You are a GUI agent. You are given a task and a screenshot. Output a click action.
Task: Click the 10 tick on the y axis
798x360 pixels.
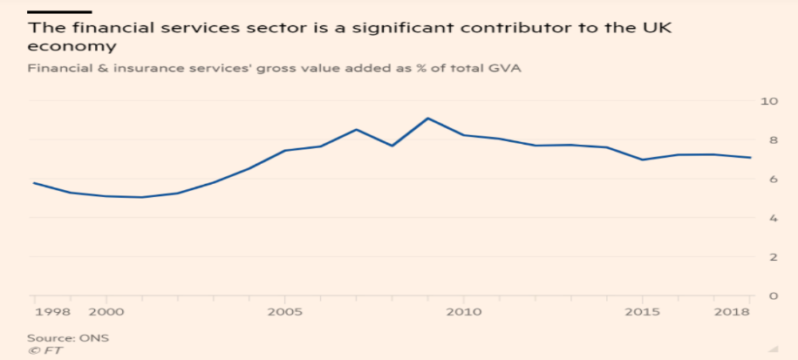[769, 101]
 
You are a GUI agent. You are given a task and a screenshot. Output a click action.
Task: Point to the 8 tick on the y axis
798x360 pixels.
[772, 140]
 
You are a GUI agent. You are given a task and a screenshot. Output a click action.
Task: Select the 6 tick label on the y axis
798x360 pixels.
[772, 180]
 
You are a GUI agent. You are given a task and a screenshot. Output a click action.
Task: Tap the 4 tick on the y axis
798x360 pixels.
[772, 219]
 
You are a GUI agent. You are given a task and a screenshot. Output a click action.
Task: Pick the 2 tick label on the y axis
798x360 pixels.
[772, 257]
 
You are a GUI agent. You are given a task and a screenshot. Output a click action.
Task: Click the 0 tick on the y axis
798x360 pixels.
[772, 296]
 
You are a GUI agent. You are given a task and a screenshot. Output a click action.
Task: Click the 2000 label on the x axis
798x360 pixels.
[105, 311]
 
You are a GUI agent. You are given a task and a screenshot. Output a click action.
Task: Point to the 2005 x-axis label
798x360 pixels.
[284, 311]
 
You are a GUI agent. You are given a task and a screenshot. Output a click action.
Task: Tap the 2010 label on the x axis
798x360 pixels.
[463, 311]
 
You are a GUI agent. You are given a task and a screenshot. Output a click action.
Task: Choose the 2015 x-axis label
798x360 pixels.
[642, 311]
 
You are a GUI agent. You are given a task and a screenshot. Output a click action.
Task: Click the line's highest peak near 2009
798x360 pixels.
[427, 118]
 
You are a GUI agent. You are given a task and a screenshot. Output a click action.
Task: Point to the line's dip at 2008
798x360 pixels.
[392, 146]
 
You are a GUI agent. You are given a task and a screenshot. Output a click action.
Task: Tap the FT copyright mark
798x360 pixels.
[46, 350]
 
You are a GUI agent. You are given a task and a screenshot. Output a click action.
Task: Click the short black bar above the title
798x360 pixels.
[60, 10]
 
